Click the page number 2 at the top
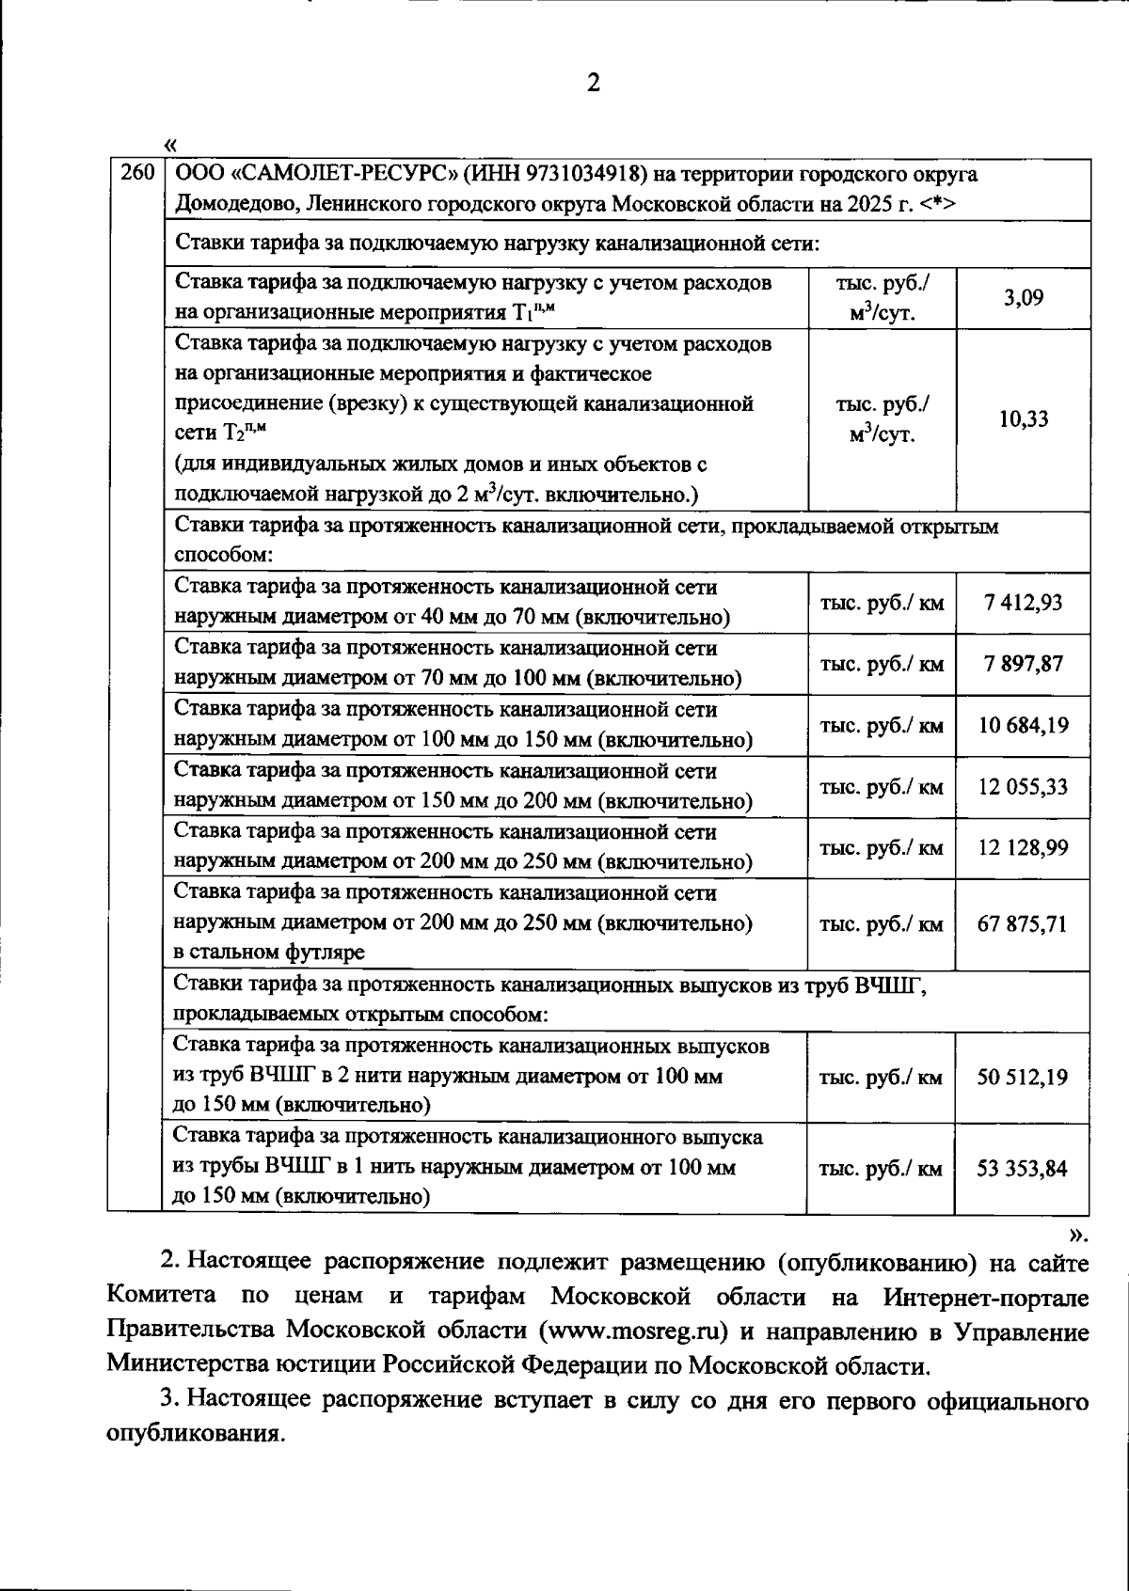coord(593,84)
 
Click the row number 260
coord(136,174)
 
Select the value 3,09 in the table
coord(1023,298)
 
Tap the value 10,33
coord(1023,419)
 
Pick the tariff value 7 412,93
coord(1023,603)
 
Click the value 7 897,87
coord(1023,664)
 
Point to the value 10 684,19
coord(1023,726)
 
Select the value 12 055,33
coord(1023,787)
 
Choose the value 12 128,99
coord(1023,848)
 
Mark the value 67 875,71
coord(1023,924)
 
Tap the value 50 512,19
coord(1023,1078)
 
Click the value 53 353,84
coord(1023,1169)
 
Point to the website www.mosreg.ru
coord(635,1331)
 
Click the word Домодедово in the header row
coord(231,205)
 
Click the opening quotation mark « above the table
coord(169,144)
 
